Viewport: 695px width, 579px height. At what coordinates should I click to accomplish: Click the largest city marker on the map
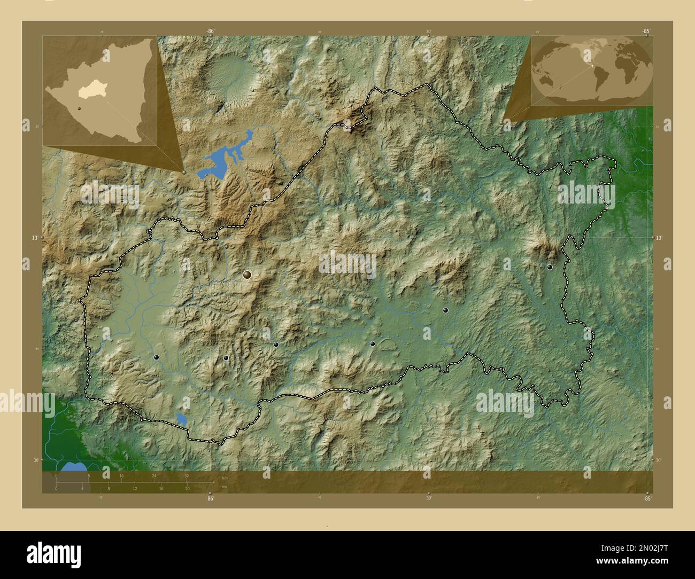(247, 275)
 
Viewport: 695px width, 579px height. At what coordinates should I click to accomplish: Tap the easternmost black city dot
(549, 267)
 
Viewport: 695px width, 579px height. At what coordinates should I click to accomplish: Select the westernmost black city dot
(156, 357)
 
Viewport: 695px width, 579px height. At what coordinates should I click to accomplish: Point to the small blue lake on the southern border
(182, 419)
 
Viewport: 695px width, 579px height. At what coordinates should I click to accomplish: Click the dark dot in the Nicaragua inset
(79, 108)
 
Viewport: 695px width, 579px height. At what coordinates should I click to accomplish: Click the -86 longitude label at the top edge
(211, 32)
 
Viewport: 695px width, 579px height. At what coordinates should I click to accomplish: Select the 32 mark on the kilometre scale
(187, 475)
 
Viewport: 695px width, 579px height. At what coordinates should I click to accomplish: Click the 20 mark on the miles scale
(187, 489)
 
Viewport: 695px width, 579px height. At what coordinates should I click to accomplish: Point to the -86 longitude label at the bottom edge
(210, 499)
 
